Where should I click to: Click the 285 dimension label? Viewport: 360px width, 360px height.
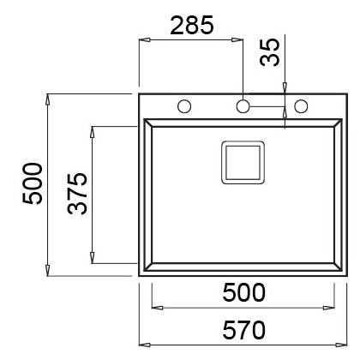192,25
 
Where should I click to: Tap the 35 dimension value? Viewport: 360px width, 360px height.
270,52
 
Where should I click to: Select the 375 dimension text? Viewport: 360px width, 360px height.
77,194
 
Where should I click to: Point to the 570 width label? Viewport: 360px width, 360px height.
243,330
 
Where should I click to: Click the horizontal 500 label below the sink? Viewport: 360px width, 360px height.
243,292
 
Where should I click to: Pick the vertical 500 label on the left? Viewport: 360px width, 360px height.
33,183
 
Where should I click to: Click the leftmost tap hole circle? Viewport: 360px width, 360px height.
184,106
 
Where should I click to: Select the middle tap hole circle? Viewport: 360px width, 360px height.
243,106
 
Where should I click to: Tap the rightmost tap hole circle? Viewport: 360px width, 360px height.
301,106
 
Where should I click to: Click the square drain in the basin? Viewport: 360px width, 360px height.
243,162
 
